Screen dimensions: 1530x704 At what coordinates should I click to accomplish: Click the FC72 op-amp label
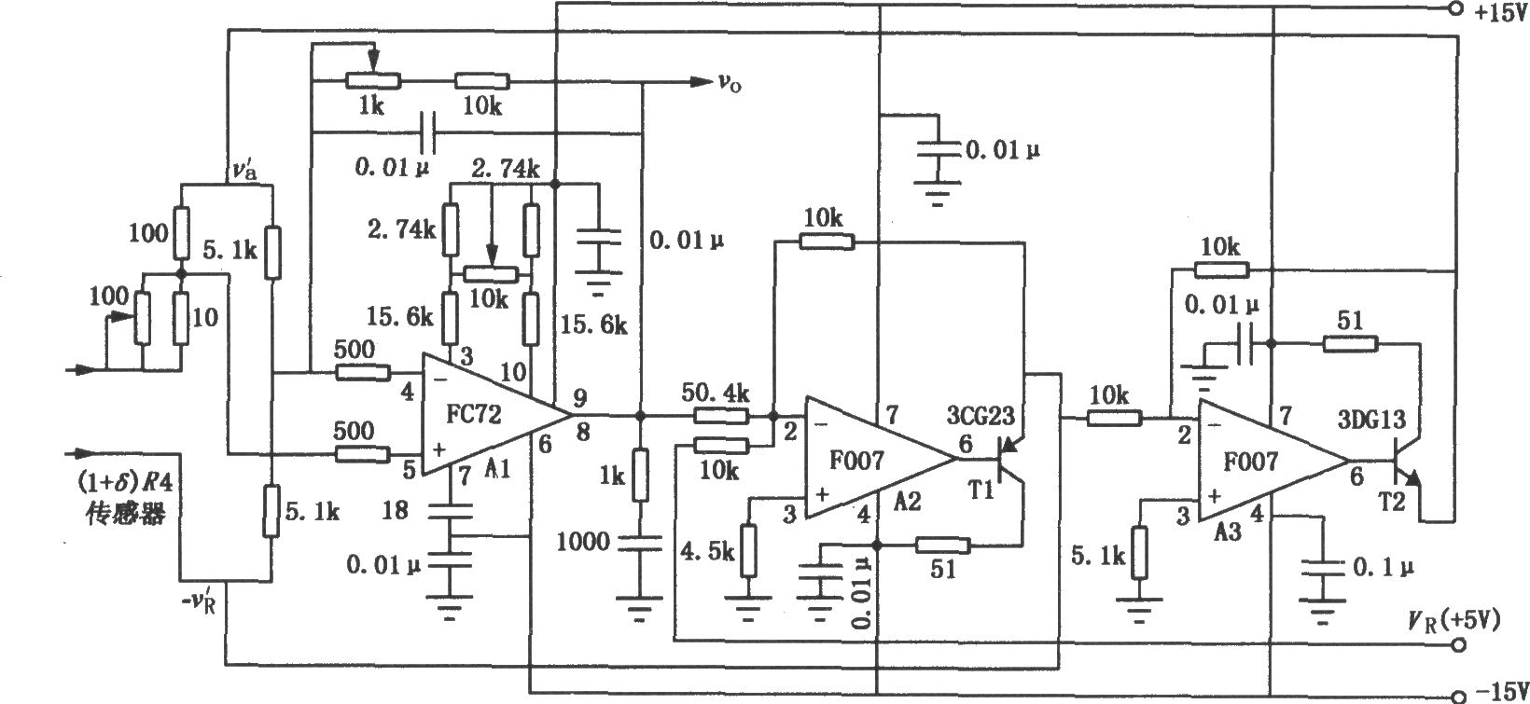(x=473, y=414)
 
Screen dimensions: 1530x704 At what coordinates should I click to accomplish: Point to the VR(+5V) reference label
(x=1453, y=621)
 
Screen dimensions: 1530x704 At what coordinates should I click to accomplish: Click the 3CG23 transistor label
(x=981, y=415)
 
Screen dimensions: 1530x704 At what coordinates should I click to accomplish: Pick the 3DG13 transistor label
(x=1370, y=420)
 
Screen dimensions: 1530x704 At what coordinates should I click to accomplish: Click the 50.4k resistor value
(x=716, y=393)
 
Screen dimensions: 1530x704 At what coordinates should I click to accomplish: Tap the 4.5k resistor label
(x=707, y=551)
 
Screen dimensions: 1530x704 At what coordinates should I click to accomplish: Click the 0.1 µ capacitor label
(x=1384, y=567)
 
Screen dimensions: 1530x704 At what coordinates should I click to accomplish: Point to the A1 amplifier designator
(x=498, y=469)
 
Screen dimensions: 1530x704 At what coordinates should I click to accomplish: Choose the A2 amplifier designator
(x=907, y=502)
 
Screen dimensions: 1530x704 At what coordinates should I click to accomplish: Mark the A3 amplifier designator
(x=1228, y=531)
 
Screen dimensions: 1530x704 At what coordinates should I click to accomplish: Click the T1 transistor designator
(x=981, y=489)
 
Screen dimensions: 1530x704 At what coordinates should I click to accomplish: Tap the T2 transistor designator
(x=1391, y=502)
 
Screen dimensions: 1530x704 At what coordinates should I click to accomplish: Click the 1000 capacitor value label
(x=583, y=542)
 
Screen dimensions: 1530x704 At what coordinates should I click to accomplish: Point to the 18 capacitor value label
(x=395, y=510)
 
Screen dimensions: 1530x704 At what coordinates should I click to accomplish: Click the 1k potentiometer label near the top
(x=371, y=106)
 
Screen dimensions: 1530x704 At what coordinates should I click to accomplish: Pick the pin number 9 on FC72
(x=580, y=397)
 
